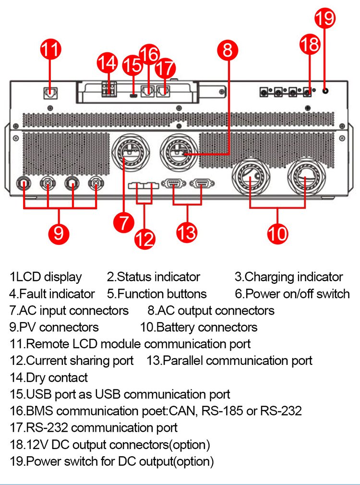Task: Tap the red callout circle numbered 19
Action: pyautogui.click(x=325, y=18)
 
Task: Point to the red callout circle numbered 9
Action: pyautogui.click(x=59, y=232)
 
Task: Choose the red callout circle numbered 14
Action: pyautogui.click(x=107, y=63)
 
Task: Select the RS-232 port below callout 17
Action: pyautogui.click(x=164, y=89)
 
